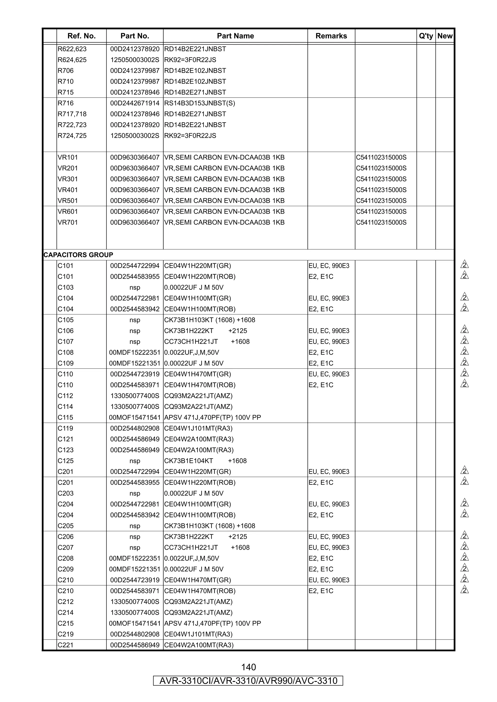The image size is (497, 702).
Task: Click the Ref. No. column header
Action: (x=82, y=36)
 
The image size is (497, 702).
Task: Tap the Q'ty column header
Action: (x=426, y=36)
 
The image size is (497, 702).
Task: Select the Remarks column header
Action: (x=331, y=36)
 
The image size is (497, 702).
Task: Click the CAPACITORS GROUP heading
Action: (x=78, y=255)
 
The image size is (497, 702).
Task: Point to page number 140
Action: (x=248, y=667)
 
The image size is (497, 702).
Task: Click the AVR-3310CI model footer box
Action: (x=248, y=681)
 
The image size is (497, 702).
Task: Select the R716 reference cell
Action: (x=66, y=103)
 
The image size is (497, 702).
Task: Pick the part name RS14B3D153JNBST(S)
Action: (x=199, y=103)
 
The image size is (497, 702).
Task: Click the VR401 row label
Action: (x=68, y=190)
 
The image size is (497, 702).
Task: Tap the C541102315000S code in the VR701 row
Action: (x=381, y=222)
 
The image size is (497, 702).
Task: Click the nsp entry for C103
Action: (x=135, y=287)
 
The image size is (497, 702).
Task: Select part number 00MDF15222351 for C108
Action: (x=135, y=352)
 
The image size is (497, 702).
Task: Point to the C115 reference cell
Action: (x=66, y=417)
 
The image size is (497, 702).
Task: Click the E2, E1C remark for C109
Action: (x=321, y=363)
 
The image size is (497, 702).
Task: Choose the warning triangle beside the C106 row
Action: (x=464, y=330)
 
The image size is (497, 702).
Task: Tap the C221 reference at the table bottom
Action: (x=66, y=645)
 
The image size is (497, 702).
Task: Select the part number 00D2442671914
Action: (x=135, y=103)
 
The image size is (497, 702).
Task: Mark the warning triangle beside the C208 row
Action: (x=464, y=557)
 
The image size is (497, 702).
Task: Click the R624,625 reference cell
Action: (x=72, y=60)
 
